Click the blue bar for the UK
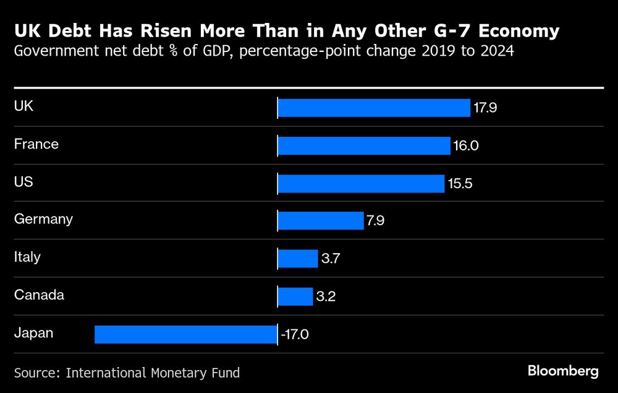click(x=374, y=108)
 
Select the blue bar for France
click(x=364, y=145)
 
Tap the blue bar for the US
click(x=361, y=183)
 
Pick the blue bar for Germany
click(x=321, y=221)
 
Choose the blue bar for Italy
click(x=297, y=259)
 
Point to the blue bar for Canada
click(x=295, y=296)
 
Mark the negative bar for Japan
click(x=185, y=334)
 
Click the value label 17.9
click(x=485, y=108)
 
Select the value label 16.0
click(x=465, y=146)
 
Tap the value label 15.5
click(x=459, y=184)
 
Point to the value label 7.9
click(x=376, y=221)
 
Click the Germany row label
click(x=43, y=218)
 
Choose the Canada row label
click(x=39, y=295)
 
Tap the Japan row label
click(x=33, y=333)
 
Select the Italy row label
click(x=27, y=256)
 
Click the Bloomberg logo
click(x=563, y=371)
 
